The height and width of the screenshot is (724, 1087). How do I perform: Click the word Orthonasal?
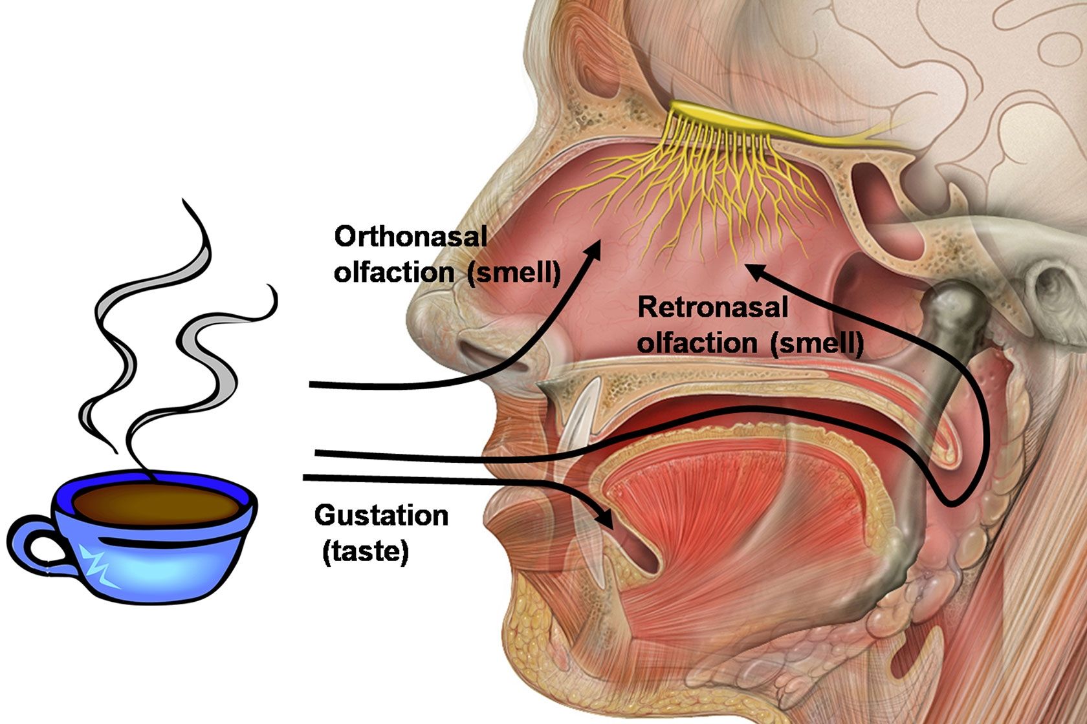[410, 237]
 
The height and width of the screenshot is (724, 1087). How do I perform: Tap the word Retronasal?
[712, 307]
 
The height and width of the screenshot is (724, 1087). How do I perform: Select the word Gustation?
[381, 516]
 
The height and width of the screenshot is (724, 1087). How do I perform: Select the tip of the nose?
[417, 310]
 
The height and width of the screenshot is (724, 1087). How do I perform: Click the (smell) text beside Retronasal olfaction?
[817, 342]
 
